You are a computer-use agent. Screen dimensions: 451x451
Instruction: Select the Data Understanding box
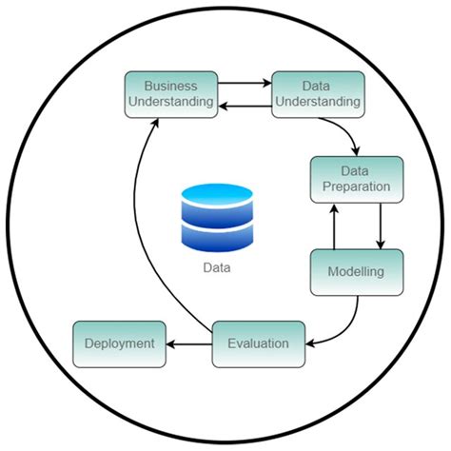click(x=318, y=94)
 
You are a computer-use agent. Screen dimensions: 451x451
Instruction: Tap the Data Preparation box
click(x=356, y=179)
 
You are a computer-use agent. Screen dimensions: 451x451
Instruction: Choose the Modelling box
click(x=357, y=271)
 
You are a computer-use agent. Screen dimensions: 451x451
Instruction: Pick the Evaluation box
click(x=258, y=342)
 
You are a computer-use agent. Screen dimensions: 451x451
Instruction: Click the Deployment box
click(x=120, y=343)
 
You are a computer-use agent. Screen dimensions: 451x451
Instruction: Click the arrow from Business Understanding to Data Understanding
click(x=245, y=84)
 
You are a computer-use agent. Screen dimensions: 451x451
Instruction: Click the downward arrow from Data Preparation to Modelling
click(x=380, y=225)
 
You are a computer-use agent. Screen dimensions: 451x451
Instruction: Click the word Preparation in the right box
click(x=356, y=187)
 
